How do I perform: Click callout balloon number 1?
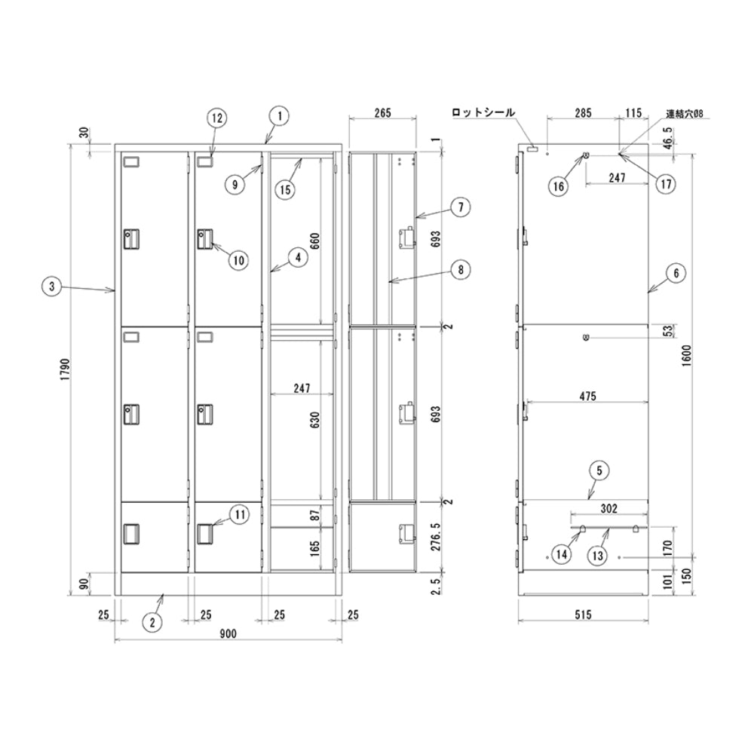(280, 116)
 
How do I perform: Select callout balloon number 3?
(52, 287)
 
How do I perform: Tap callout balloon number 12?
(217, 118)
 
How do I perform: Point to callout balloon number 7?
(461, 207)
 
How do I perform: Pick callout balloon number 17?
(666, 184)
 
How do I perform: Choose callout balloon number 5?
(599, 470)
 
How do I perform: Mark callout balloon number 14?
(561, 554)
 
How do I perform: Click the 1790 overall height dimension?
(66, 369)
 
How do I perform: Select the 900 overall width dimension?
(228, 634)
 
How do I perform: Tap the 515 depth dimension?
(583, 615)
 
